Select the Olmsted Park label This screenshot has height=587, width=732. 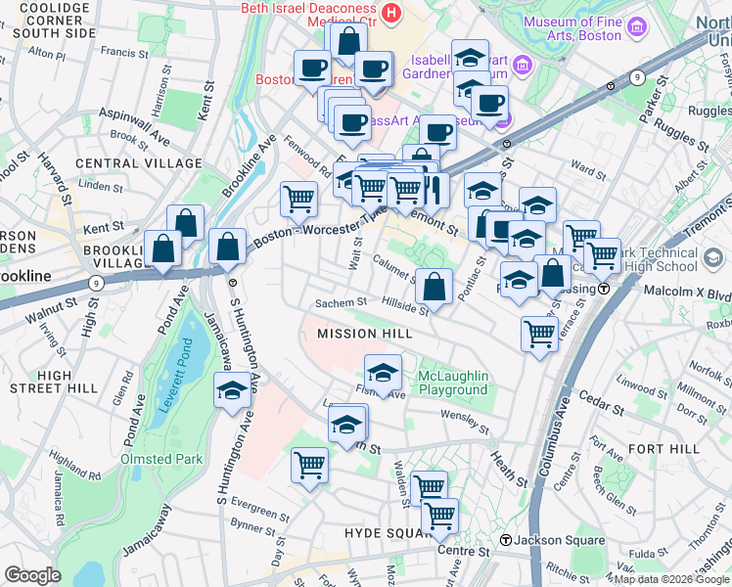click(x=161, y=459)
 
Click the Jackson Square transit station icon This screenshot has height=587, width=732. click(x=506, y=540)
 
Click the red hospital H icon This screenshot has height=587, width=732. click(x=391, y=13)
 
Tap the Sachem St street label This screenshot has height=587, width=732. click(x=341, y=303)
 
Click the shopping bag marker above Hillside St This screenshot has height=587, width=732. click(x=435, y=288)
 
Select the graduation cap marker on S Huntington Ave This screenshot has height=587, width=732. click(x=231, y=391)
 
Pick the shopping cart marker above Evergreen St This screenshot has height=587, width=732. click(x=310, y=466)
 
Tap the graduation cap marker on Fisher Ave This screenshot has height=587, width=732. click(x=383, y=373)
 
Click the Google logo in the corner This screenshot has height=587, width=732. click(x=32, y=575)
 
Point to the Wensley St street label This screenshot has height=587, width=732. click(x=465, y=421)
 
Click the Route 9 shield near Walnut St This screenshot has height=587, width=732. click(x=95, y=283)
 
